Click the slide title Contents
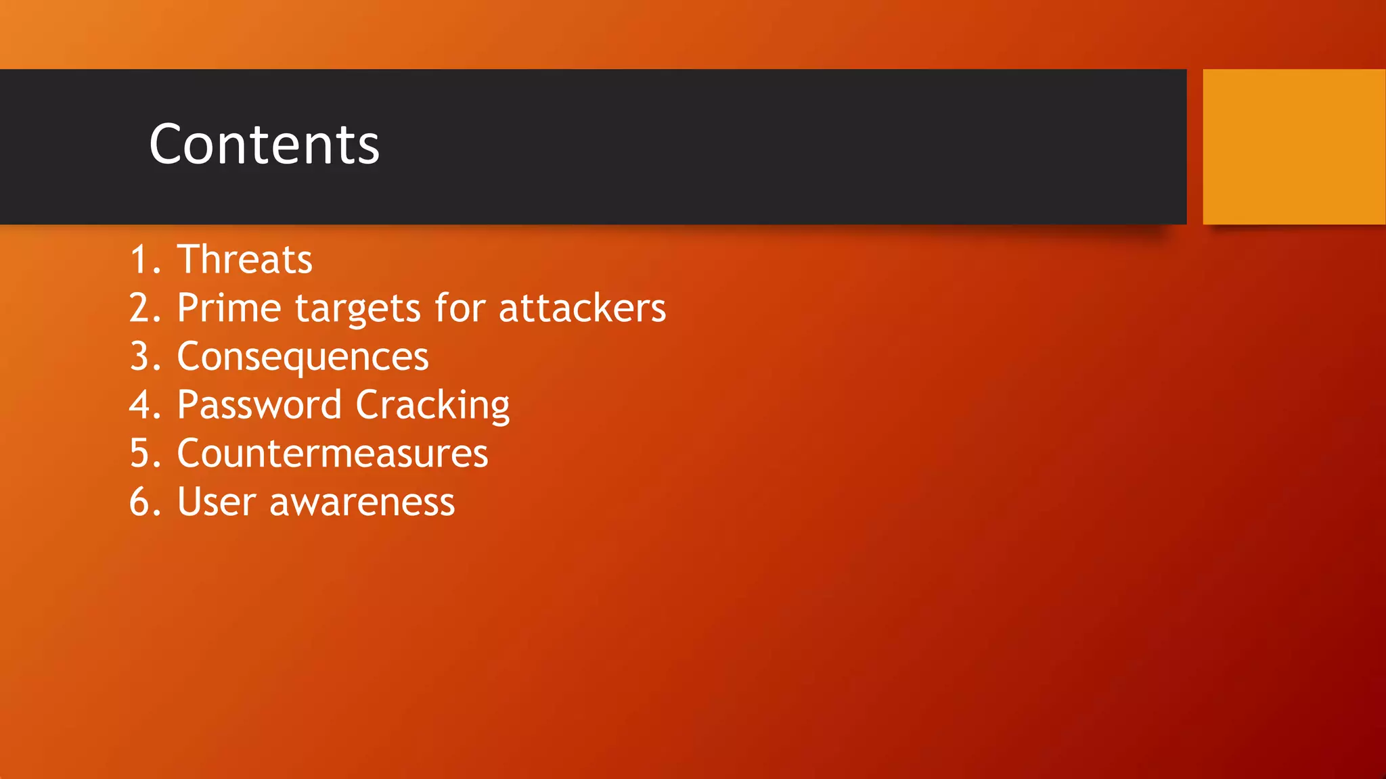pyautogui.click(x=264, y=145)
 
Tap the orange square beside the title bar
pyautogui.click(x=1293, y=147)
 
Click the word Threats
pyautogui.click(x=244, y=260)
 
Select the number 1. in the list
pyautogui.click(x=144, y=260)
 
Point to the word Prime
pyautogui.click(x=229, y=308)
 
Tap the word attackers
pyautogui.click(x=582, y=308)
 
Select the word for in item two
pyautogui.click(x=460, y=308)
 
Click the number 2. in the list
pyautogui.click(x=144, y=308)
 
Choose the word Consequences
pyautogui.click(x=303, y=357)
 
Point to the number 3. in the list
pyautogui.click(x=144, y=357)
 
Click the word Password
pyautogui.click(x=259, y=405)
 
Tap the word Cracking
pyautogui.click(x=432, y=406)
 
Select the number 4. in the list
pyautogui.click(x=144, y=405)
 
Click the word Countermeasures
pyautogui.click(x=332, y=454)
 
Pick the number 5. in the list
pyautogui.click(x=144, y=454)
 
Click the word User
pyautogui.click(x=217, y=502)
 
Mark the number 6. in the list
pyautogui.click(x=144, y=502)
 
